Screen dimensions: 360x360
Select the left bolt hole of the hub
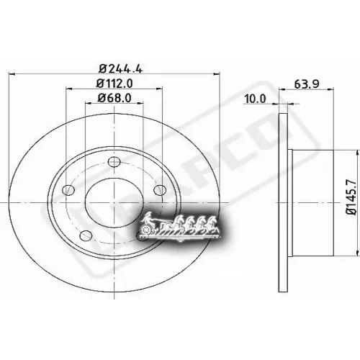click(69, 190)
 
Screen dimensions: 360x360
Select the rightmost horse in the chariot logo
click(213, 224)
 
